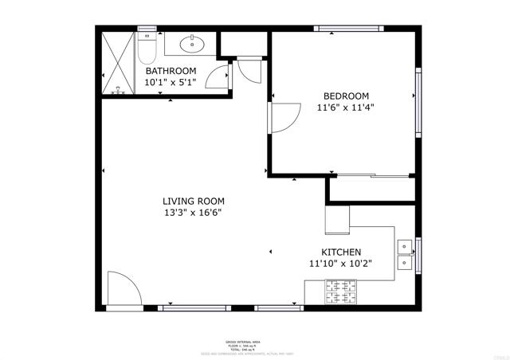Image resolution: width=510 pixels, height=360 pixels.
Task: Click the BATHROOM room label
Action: (170, 71)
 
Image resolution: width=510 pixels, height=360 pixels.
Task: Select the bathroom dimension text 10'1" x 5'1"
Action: (170, 82)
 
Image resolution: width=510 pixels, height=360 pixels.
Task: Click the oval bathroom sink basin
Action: (190, 43)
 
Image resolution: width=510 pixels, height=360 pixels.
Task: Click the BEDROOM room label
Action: (346, 96)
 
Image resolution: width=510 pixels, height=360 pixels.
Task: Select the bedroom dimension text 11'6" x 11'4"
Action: (346, 108)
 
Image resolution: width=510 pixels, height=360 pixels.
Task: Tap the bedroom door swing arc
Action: (282, 119)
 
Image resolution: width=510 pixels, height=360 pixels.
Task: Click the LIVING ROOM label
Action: (194, 202)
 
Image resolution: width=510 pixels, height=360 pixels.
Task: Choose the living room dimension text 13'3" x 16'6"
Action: (194, 213)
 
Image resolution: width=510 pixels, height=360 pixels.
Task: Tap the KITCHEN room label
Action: (340, 252)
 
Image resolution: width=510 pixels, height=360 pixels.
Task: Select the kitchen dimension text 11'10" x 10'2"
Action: (340, 263)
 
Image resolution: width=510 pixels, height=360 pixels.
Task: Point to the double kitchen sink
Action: (405, 253)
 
